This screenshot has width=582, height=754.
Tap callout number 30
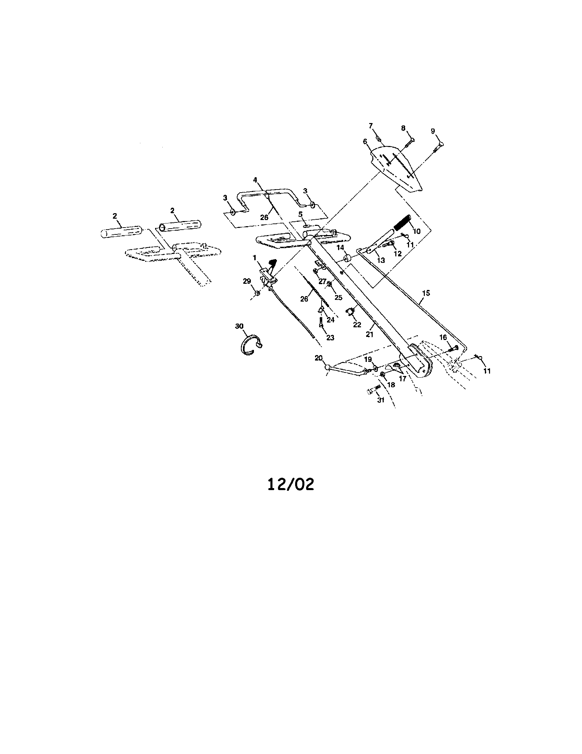coord(239,326)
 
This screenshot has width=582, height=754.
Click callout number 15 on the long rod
coord(426,293)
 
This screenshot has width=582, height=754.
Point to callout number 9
coord(433,131)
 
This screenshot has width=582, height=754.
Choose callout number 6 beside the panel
coord(365,142)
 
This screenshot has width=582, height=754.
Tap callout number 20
coord(318,358)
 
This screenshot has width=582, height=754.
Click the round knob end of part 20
coord(327,366)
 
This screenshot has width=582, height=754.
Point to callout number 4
coord(255,180)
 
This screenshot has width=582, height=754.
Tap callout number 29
coord(247,281)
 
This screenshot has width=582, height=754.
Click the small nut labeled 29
coord(257,293)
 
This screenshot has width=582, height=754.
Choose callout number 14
coord(340,247)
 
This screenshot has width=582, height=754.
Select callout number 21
coord(370,334)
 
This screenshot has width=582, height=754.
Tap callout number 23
coord(330,338)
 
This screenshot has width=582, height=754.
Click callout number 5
coord(300,215)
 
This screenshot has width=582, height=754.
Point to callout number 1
coord(255,257)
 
